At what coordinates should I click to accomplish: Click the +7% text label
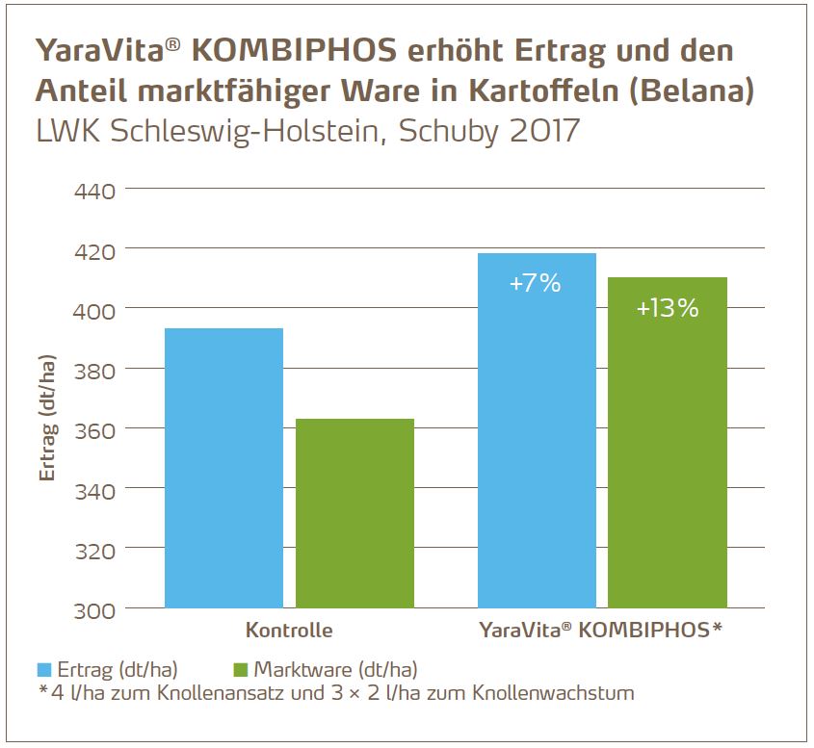coord(537,284)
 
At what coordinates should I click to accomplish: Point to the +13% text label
coord(668,309)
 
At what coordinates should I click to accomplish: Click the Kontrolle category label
coord(289,632)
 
